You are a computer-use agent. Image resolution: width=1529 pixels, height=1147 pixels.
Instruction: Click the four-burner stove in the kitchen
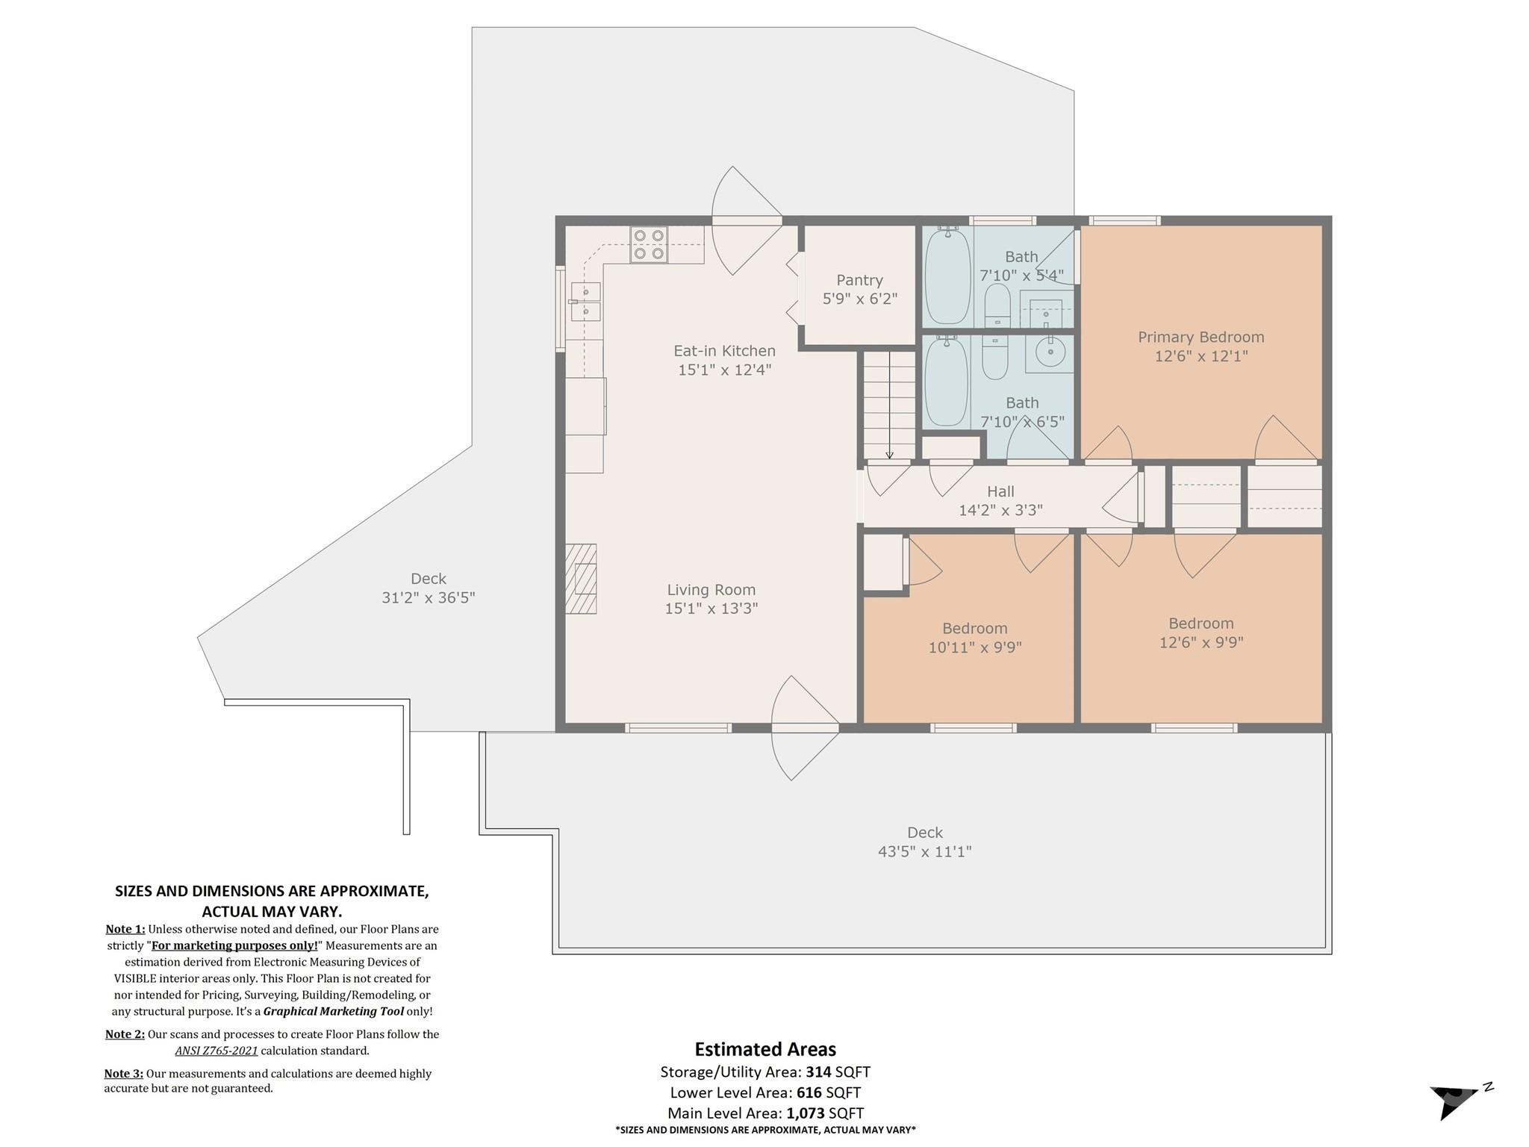tap(648, 245)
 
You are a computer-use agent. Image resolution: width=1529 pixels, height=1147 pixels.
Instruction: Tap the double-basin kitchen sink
tap(585, 302)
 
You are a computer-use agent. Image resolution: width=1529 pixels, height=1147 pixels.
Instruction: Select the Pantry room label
tap(859, 280)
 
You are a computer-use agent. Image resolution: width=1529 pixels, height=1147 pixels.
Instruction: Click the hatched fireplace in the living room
tap(581, 579)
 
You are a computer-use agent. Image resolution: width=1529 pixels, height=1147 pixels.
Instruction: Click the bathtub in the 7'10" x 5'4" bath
tap(948, 276)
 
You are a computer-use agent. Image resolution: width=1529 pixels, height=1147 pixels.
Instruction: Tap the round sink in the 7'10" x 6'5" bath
tap(1051, 352)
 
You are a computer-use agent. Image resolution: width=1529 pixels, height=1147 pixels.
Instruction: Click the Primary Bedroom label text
tap(1201, 337)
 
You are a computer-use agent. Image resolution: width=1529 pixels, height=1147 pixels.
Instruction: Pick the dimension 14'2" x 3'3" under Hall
tap(1000, 510)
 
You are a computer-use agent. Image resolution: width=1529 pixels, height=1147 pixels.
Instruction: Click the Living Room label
tap(711, 590)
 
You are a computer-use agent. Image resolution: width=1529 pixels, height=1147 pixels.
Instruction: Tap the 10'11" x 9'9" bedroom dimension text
tap(974, 647)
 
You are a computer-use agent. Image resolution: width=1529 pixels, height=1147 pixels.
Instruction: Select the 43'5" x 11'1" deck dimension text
tap(924, 851)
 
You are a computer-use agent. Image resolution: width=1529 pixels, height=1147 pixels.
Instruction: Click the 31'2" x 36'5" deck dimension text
tap(428, 597)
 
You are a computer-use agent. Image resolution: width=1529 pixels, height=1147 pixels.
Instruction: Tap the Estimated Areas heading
tap(765, 1049)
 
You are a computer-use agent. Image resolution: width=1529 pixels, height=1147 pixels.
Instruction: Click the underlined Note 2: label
tap(125, 1034)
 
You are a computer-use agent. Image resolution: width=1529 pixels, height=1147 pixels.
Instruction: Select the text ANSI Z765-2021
tap(217, 1051)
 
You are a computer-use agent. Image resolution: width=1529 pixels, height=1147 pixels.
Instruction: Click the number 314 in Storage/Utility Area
tap(818, 1072)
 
